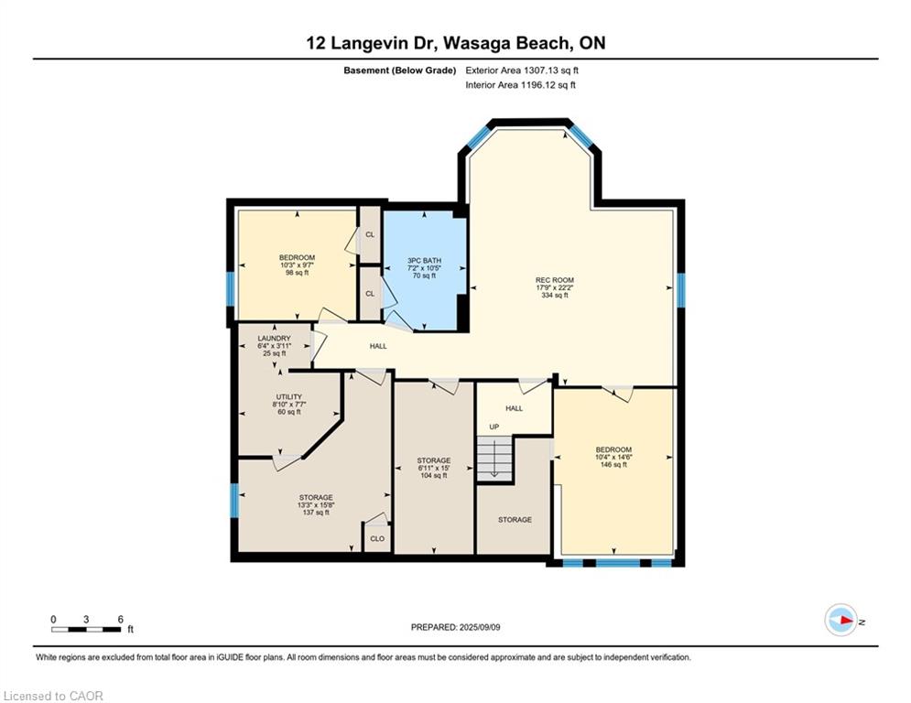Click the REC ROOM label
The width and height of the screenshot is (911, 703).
(555, 280)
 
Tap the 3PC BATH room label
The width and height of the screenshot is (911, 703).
(424, 260)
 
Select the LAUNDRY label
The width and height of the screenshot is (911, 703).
(275, 338)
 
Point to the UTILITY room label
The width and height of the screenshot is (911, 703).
(288, 397)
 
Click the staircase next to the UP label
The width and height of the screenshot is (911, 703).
(494, 458)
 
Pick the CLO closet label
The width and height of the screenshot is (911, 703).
(377, 538)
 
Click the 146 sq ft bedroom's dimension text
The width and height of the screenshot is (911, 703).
(613, 458)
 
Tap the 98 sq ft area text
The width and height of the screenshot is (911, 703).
(297, 273)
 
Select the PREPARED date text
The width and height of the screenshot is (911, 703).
(456, 627)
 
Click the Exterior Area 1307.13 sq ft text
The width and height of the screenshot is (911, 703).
(522, 70)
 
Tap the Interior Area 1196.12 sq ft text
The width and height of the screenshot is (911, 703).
(521, 85)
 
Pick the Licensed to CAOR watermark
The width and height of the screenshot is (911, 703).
(53, 696)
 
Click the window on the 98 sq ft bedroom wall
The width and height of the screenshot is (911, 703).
(230, 288)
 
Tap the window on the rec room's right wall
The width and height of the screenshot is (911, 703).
(681, 290)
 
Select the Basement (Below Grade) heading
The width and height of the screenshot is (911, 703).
(400, 70)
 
